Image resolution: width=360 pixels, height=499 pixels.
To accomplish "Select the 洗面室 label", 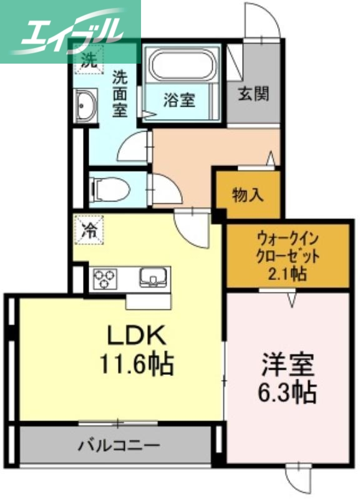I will click(x=120, y=94).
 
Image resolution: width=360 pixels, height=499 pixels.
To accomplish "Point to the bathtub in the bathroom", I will click(x=182, y=64).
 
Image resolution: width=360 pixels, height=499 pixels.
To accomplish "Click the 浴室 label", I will click(x=179, y=100).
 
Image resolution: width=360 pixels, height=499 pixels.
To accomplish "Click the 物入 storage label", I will click(x=248, y=195).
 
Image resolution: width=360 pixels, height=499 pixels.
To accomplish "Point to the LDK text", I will click(x=137, y=337).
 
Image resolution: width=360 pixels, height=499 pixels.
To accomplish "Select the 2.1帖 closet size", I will click(x=288, y=273).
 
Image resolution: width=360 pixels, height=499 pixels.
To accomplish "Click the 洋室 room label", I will click(x=288, y=365).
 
